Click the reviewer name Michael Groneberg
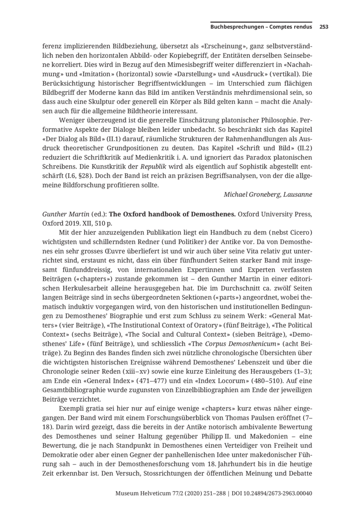(x=253, y=194)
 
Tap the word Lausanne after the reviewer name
(x=298, y=194)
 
